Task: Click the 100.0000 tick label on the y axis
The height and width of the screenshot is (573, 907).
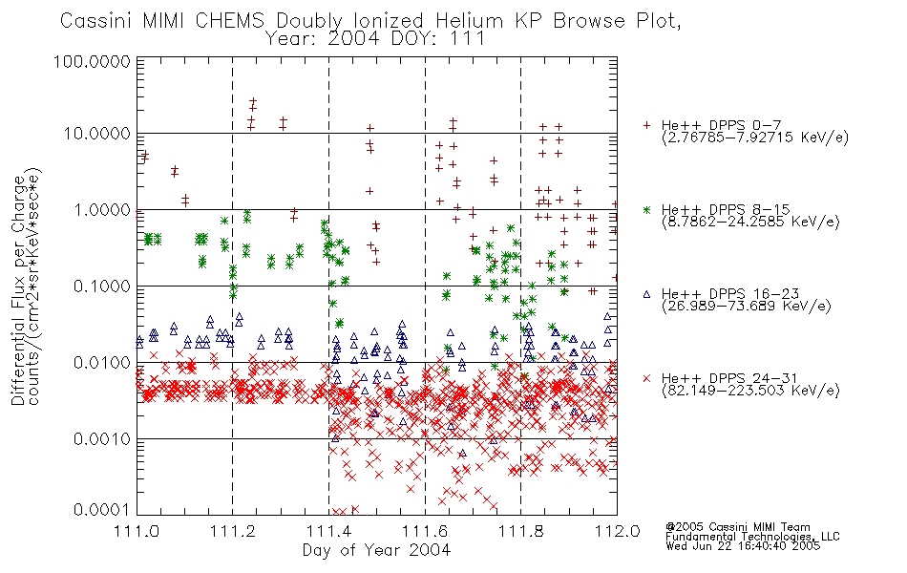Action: click(x=92, y=61)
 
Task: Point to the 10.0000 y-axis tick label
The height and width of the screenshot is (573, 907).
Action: click(x=96, y=134)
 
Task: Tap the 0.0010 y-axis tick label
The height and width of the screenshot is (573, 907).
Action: click(x=101, y=439)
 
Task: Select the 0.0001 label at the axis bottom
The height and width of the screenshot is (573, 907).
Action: click(x=101, y=510)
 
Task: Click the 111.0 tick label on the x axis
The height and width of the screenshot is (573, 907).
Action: click(x=137, y=531)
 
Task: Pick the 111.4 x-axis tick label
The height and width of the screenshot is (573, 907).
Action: click(x=328, y=531)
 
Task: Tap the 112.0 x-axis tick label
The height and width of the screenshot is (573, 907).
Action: click(x=617, y=531)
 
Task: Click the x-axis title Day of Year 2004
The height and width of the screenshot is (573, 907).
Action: click(x=376, y=550)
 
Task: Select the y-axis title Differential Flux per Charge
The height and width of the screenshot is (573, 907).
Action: click(x=18, y=290)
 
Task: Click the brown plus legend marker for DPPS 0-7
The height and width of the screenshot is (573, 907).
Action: click(x=646, y=125)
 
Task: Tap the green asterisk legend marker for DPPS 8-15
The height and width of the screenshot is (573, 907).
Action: click(x=646, y=209)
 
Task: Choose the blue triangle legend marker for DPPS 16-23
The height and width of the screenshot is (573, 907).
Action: click(x=646, y=294)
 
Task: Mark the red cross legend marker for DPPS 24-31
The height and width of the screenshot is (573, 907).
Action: click(x=646, y=378)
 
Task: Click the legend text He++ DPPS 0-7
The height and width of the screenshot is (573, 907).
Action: click(x=722, y=125)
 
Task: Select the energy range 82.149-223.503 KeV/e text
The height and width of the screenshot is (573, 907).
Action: click(x=750, y=390)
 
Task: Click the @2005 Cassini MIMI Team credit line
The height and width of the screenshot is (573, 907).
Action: click(x=738, y=527)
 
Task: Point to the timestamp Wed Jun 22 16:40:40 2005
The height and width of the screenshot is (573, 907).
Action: click(x=743, y=545)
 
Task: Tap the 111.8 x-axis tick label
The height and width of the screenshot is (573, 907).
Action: click(x=520, y=531)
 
